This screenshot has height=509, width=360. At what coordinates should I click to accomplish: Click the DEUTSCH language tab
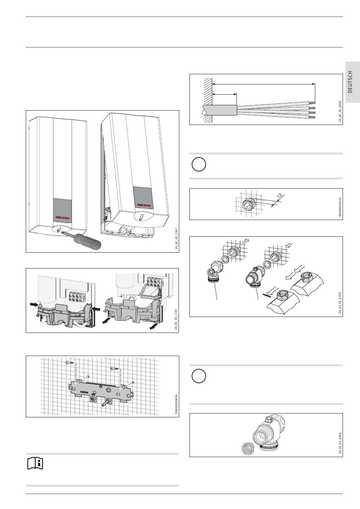(x=350, y=82)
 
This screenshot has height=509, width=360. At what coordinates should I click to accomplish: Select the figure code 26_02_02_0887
(x=340, y=111)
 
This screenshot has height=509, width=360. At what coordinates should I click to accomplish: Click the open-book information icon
(x=35, y=463)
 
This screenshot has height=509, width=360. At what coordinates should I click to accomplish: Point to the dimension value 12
(x=280, y=195)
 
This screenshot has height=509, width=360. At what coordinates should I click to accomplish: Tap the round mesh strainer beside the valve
(x=248, y=449)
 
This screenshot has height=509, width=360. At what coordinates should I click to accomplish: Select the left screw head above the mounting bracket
(x=69, y=362)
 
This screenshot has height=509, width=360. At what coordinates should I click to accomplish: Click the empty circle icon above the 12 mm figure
(x=199, y=165)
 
